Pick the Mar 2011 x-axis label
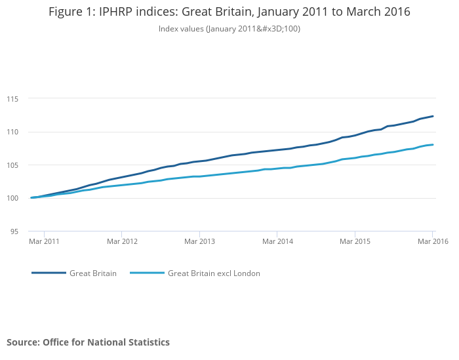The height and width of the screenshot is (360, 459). tap(45, 242)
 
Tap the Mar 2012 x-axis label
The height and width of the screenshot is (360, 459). tap(122, 242)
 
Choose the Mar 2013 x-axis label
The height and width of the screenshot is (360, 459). tap(199, 242)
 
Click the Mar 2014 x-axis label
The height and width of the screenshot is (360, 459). tap(277, 242)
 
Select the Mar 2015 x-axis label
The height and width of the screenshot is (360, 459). tap(355, 242)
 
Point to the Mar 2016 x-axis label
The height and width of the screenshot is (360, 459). tap(433, 242)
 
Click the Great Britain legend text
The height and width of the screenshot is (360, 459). tap(93, 273)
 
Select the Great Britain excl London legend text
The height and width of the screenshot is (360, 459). tap(214, 273)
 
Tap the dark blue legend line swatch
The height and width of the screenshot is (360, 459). tap(49, 273)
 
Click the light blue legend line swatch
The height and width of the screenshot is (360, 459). tap(148, 273)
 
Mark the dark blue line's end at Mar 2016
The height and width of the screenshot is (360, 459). tap(433, 116)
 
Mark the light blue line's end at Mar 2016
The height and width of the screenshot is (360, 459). tap(433, 145)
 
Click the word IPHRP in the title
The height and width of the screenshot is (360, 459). tap(121, 12)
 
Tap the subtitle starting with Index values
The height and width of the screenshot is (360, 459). tap(229, 29)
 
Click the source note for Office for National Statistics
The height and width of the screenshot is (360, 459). tap(88, 342)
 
